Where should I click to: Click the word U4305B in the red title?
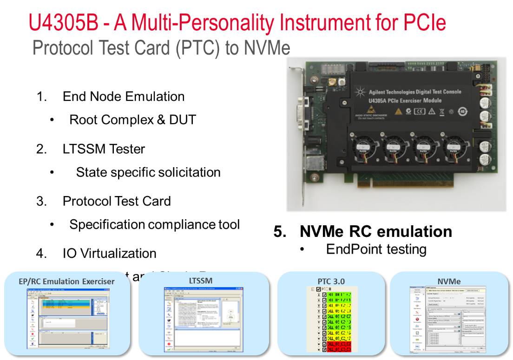coord(63,22)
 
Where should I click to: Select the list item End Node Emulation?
coord(123,97)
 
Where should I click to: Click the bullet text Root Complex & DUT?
coord(132,120)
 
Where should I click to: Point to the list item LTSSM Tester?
coord(104,149)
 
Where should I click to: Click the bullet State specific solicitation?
coord(148,172)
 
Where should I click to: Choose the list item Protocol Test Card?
coord(117,201)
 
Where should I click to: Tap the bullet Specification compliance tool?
coord(154,224)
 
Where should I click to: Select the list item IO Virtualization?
coord(109,254)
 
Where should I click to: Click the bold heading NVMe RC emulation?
coord(375,231)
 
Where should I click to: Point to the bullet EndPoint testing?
coord(376,249)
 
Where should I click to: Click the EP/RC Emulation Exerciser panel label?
coord(66,281)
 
